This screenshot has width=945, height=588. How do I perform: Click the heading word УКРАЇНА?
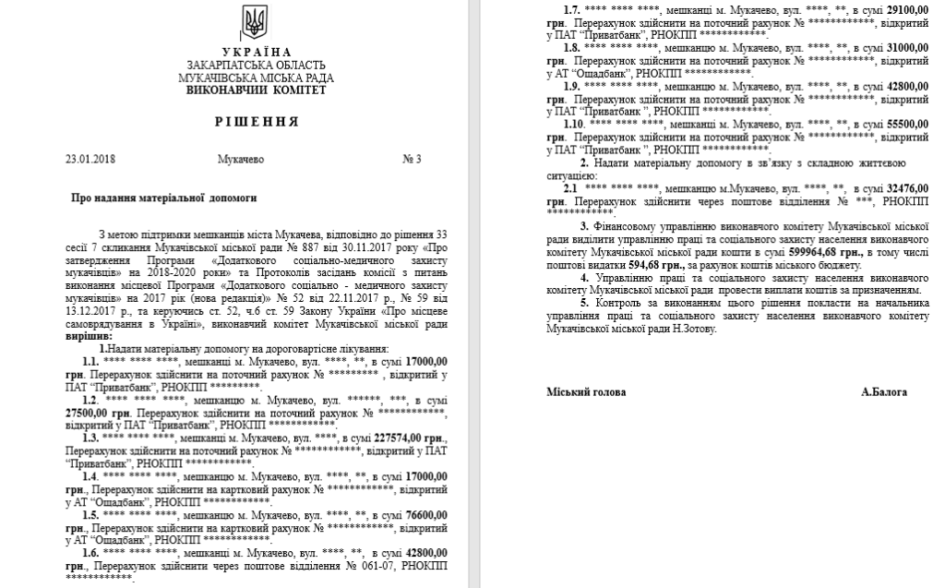257,52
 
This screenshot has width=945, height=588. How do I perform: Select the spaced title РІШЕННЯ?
257,121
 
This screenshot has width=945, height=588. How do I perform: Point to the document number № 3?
412,160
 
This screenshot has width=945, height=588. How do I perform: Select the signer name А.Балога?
883,392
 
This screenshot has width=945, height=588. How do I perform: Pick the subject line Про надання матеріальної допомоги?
163,198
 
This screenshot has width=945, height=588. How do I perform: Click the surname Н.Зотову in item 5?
690,328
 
